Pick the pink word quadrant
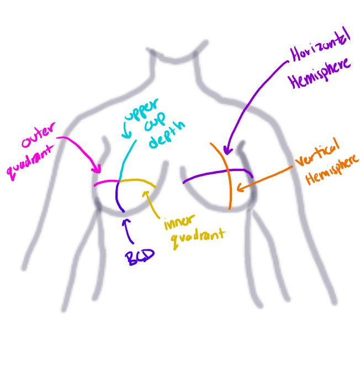34,161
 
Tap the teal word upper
141,114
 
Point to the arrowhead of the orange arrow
239,189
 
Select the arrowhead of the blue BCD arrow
126,220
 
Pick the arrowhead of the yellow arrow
146,192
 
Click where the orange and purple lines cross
227,172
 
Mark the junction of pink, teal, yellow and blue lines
119,181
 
